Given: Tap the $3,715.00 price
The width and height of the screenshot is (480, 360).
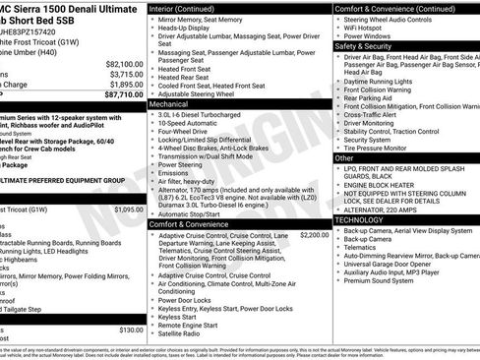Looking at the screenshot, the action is (124, 74).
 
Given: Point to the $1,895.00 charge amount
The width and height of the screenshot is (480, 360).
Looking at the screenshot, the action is (124, 85).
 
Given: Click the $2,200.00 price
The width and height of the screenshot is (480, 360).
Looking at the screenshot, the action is (314, 235).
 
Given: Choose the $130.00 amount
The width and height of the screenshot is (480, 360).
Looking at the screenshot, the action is (131, 330).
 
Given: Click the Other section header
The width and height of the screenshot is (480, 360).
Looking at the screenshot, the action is (344, 157).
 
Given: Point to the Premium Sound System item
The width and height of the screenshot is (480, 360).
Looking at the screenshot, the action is (380, 280).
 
